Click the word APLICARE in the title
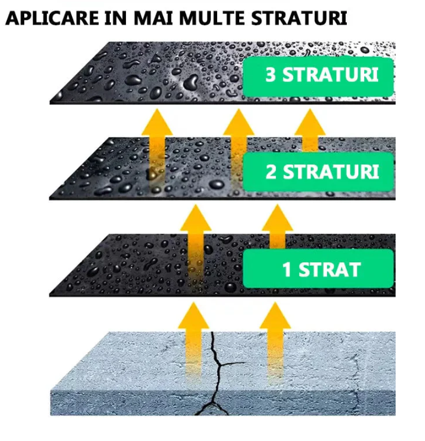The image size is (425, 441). coord(52,18)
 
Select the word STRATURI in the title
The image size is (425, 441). coord(299,18)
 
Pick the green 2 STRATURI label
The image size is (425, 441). coord(318,172)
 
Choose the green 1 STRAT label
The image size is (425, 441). coord(318,269)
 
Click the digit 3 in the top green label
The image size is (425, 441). coord(271,75)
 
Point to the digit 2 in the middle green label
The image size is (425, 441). coord(271,171)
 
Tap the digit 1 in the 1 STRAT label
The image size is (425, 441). coord(286,270)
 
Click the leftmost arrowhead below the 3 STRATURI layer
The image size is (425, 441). coord(157,122)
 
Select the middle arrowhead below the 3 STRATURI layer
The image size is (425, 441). coord(239,122)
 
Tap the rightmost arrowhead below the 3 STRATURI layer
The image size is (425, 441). coord(310,122)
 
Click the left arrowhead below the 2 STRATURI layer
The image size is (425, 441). coord(196,218)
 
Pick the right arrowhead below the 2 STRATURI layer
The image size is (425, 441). coord(278,218)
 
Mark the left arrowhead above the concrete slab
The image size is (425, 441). coord(194,315)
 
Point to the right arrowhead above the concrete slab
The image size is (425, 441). coord(275,315)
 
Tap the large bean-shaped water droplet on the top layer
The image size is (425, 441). coord(191,82)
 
